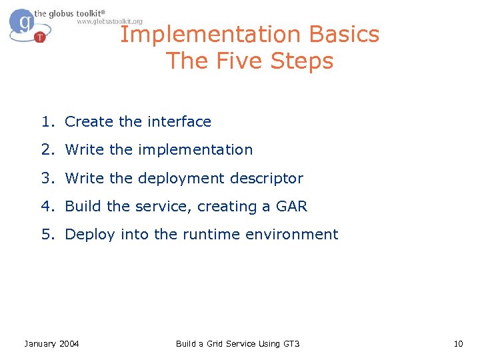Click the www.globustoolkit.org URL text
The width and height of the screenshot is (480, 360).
click(109, 21)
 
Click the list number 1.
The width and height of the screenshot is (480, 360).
click(47, 122)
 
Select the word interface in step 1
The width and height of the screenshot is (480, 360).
click(179, 122)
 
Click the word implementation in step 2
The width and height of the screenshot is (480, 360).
click(195, 150)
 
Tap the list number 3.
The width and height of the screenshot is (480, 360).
click(47, 179)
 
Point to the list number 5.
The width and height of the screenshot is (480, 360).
click(47, 235)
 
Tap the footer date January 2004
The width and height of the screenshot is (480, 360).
click(51, 343)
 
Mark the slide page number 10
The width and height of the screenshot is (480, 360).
click(457, 343)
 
